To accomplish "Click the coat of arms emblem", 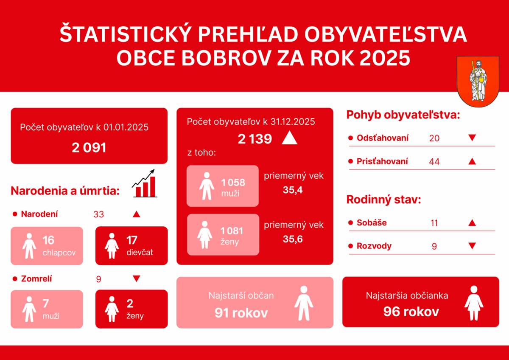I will [x=478, y=81].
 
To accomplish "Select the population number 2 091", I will [x=89, y=148].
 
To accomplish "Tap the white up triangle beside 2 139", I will [x=289, y=138].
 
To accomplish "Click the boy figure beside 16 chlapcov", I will [x=29, y=246].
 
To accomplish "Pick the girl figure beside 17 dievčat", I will [x=112, y=246].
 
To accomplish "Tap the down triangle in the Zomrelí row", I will [x=136, y=279].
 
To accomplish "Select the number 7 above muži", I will [x=46, y=303].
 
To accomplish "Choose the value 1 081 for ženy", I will [x=232, y=231].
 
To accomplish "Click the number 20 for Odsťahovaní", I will [x=434, y=138].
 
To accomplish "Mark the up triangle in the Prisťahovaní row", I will [x=472, y=161].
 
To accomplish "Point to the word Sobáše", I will [x=372, y=223].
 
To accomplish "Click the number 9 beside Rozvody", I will [x=434, y=246].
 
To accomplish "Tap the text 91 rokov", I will [x=241, y=313].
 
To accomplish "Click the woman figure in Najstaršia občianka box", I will [x=473, y=303].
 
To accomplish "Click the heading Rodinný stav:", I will [x=383, y=200].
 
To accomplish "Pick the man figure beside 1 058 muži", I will [x=207, y=186].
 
